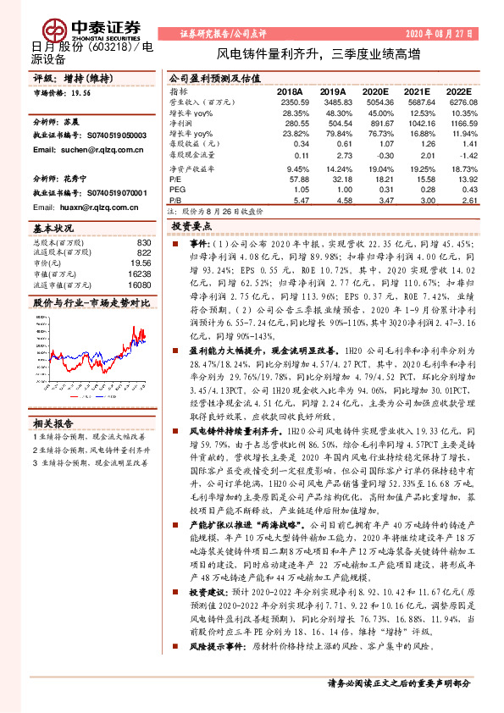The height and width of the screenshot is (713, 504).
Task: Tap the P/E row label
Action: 174,179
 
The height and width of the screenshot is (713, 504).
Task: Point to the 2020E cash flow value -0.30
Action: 382,156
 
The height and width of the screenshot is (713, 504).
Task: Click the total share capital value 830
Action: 143,243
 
